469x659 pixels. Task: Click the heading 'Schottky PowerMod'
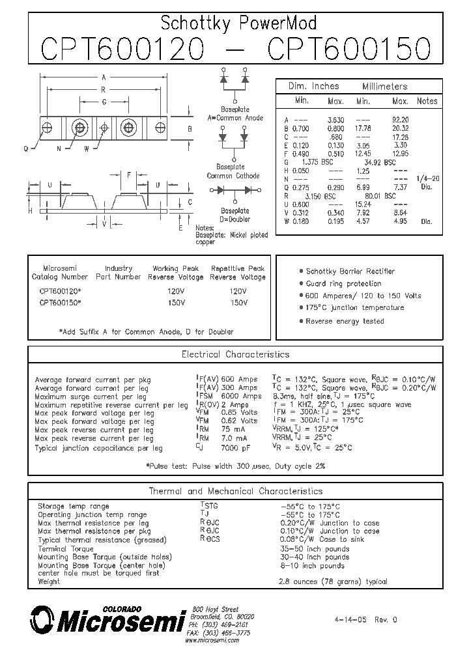tap(238, 24)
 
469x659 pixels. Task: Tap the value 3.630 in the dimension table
tap(335, 120)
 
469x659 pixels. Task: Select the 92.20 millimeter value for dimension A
tap(400, 120)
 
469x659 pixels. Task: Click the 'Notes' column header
tap(427, 102)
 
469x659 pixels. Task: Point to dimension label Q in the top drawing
tap(25, 148)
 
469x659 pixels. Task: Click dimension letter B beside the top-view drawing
tap(190, 129)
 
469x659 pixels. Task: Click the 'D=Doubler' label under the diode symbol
tap(234, 219)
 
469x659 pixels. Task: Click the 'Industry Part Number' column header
tap(118, 272)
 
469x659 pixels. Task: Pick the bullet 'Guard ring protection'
tap(344, 284)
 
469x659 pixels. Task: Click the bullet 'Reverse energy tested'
tap(345, 321)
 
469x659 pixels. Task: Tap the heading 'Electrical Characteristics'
tap(234, 355)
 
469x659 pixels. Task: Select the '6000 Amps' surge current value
tap(241, 396)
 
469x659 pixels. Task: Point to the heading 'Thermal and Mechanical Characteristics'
tap(235, 491)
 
